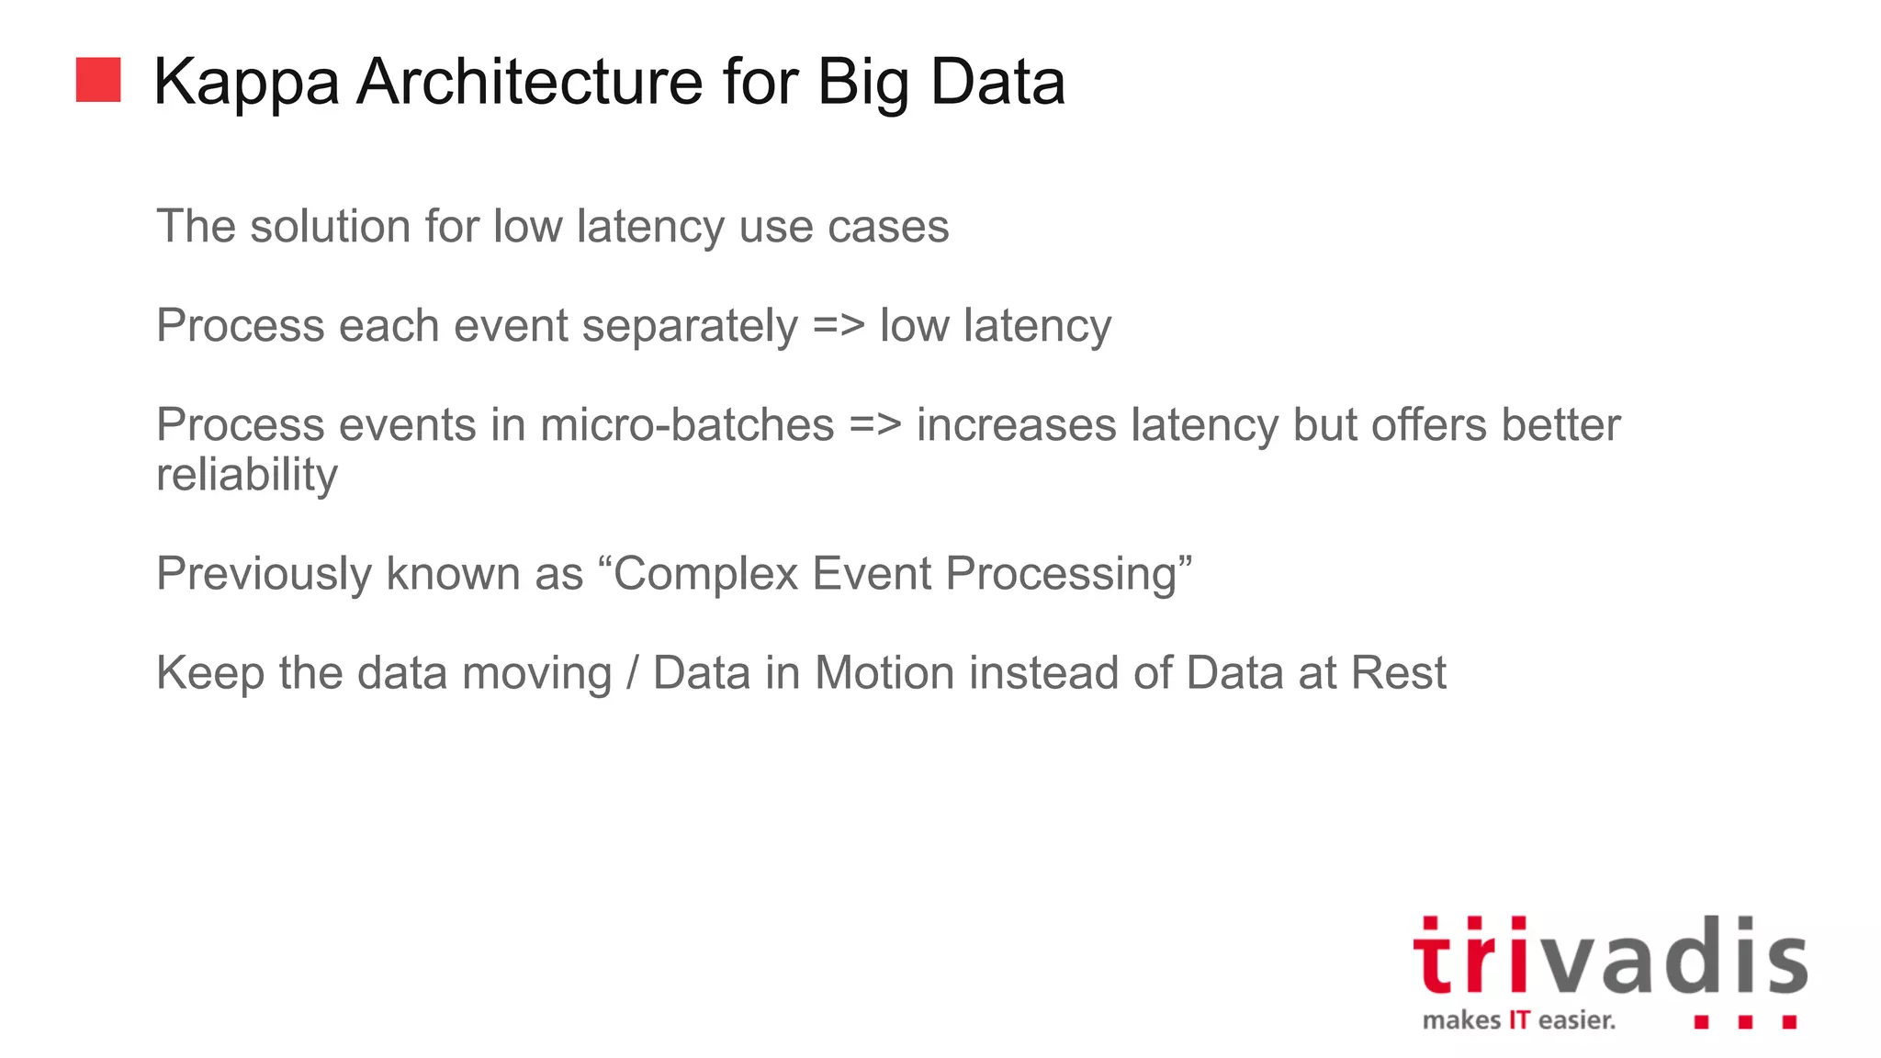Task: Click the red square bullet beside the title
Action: pyautogui.click(x=98, y=80)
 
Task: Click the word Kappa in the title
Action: pyautogui.click(x=246, y=84)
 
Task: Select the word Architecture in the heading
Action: pyautogui.click(x=532, y=82)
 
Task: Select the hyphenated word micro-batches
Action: pyautogui.click(x=687, y=425)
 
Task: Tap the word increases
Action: pyautogui.click(x=1016, y=425)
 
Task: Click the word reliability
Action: pyautogui.click(x=247, y=476)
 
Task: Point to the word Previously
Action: pyautogui.click(x=264, y=575)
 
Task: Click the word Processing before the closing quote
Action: pyautogui.click(x=1062, y=575)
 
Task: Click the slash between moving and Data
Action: pyautogui.click(x=632, y=673)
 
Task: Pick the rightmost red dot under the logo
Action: pyautogui.click(x=1788, y=1021)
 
